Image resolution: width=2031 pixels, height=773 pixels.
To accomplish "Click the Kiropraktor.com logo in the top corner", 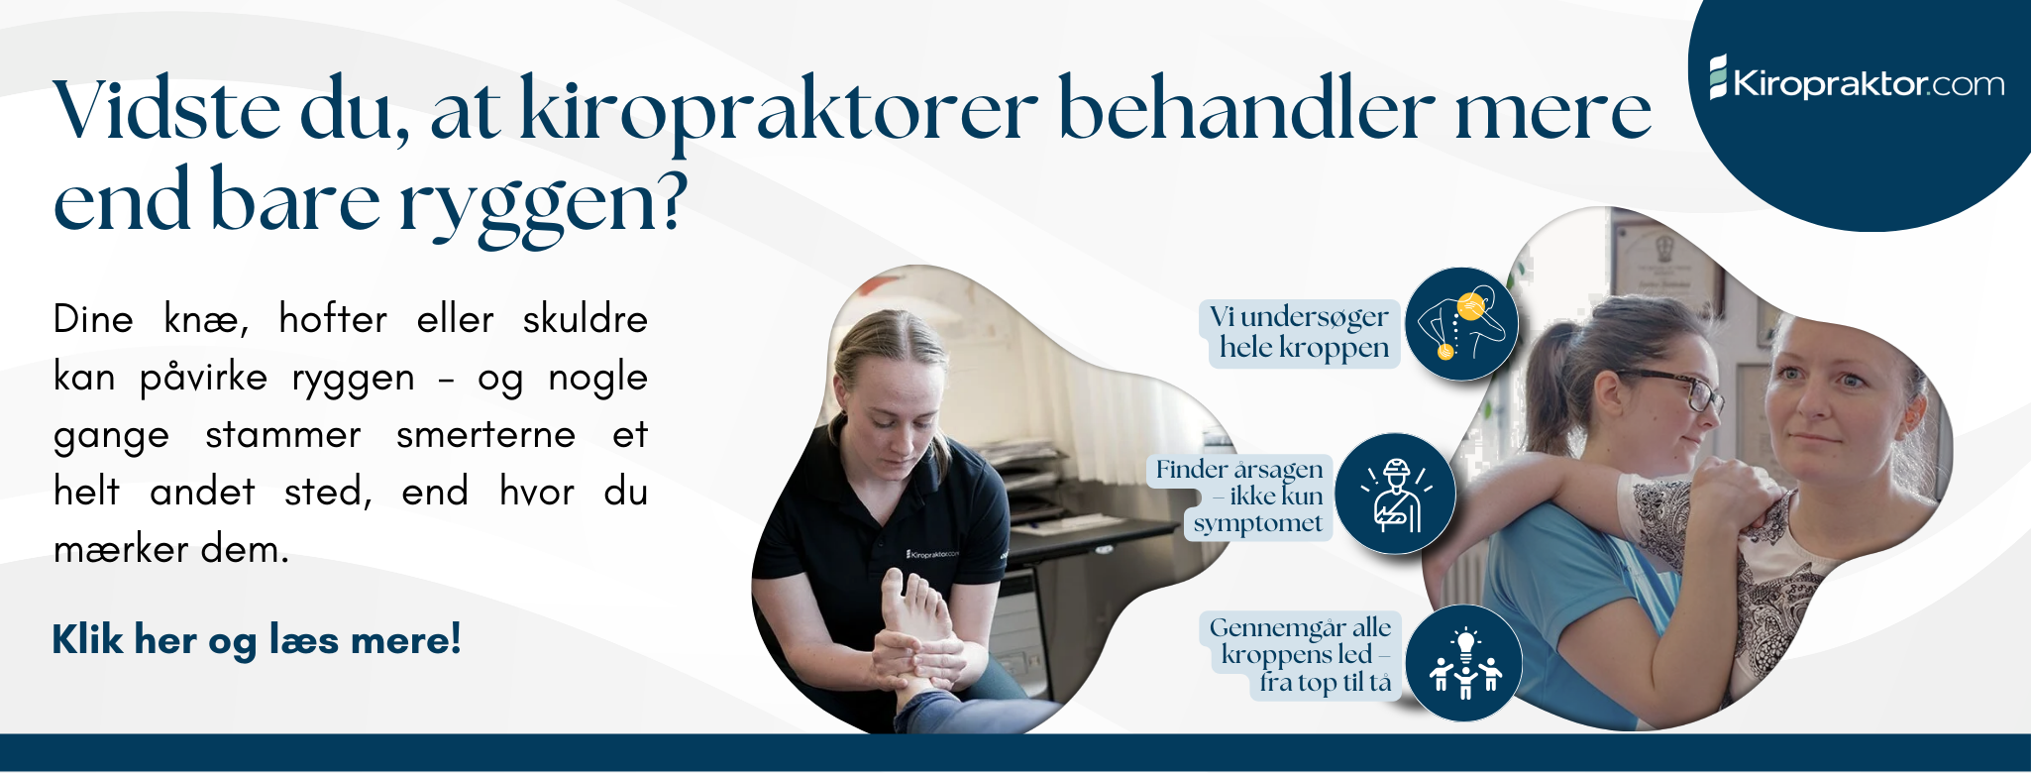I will point(1857,82).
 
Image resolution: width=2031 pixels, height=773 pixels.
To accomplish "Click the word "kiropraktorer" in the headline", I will point(778,111).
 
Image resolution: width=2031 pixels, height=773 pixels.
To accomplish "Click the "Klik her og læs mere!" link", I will point(256,640).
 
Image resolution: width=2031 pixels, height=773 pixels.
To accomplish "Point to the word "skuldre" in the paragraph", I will point(585,319).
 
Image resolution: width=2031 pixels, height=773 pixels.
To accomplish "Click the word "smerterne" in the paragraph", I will point(485,434).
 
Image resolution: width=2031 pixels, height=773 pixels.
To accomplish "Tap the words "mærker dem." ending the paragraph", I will point(170,549).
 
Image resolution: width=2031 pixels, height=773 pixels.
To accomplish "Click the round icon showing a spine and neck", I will point(1461,324).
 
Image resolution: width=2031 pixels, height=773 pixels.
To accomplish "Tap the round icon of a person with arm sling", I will point(1395,494).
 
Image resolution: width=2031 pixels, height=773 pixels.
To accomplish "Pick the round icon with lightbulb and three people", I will point(1463,663).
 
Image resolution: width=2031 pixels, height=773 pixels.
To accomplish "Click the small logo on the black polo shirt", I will point(932,554).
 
